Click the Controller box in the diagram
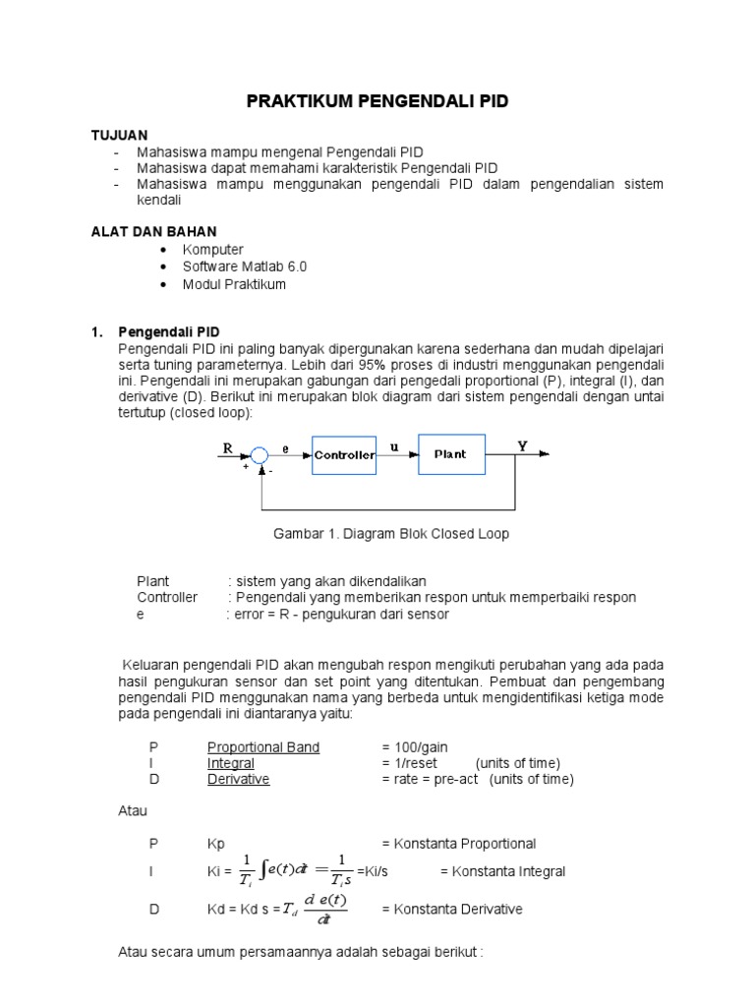(x=344, y=455)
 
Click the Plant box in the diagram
(x=450, y=454)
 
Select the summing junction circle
(x=260, y=454)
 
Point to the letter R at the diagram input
(x=227, y=447)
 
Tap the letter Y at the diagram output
(x=522, y=445)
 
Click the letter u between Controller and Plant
(x=395, y=446)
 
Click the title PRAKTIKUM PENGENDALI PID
(x=377, y=102)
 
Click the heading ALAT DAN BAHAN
(x=153, y=231)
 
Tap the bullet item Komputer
(x=212, y=250)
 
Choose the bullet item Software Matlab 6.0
(x=252, y=267)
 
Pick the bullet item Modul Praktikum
(x=234, y=285)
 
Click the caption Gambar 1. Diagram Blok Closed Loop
(x=390, y=534)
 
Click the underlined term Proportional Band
(x=262, y=747)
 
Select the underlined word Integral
(x=230, y=763)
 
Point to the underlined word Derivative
(x=238, y=779)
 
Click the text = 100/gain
(x=414, y=747)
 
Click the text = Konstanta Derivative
(x=451, y=910)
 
